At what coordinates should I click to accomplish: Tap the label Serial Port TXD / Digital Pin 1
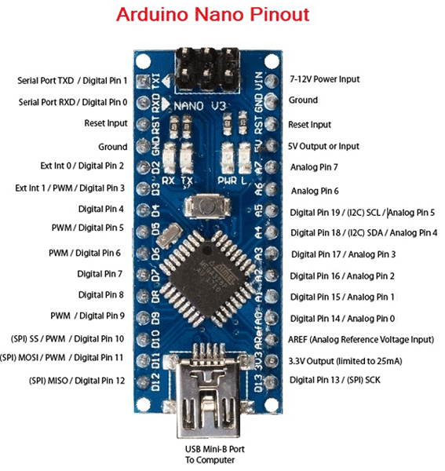pyautogui.click(x=73, y=81)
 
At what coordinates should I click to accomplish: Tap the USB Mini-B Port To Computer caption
pyautogui.click(x=210, y=454)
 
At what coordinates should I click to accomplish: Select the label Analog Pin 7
pyautogui.click(x=314, y=167)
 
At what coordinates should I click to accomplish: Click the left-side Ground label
pyautogui.click(x=112, y=146)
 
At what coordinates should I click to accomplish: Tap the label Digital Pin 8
pyautogui.click(x=101, y=294)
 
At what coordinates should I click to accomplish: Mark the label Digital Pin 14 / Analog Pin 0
pyautogui.click(x=341, y=318)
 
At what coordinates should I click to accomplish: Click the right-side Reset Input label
pyautogui.click(x=309, y=125)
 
